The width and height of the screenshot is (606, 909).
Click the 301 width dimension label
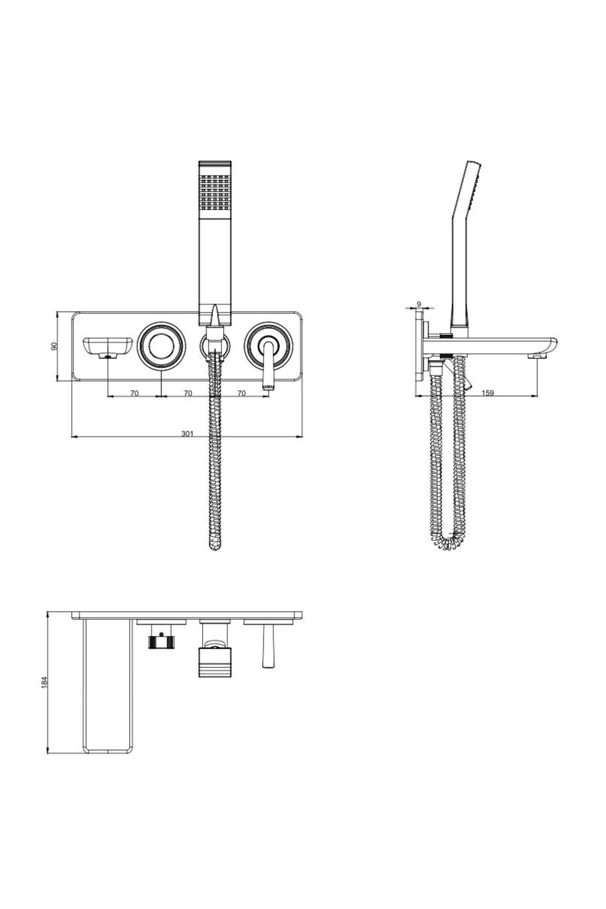(x=187, y=433)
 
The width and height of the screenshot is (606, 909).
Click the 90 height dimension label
(x=55, y=346)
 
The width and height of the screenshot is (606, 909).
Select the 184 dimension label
(x=44, y=682)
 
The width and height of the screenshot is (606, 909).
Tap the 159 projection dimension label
(x=487, y=393)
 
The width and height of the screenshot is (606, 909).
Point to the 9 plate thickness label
(x=419, y=304)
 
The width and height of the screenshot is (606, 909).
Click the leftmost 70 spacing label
(x=134, y=393)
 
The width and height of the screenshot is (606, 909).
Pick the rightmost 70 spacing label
(x=241, y=393)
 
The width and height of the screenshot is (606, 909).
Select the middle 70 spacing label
(x=188, y=393)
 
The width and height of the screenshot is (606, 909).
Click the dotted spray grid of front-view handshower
(x=216, y=191)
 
